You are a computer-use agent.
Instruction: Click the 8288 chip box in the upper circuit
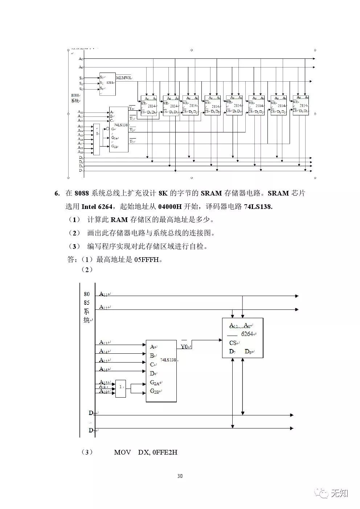107,83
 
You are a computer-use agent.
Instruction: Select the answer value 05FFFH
147,259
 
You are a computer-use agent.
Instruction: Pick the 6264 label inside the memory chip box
247,334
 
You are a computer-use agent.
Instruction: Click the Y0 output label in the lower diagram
184,347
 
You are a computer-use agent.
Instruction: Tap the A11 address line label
103,294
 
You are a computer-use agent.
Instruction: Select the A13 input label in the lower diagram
103,342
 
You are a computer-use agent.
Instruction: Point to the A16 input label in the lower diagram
103,369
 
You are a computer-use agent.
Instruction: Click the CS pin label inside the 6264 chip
233,343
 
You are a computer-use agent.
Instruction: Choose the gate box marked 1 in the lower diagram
121,388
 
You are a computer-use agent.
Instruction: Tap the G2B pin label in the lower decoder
154,391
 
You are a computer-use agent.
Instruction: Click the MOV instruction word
122,452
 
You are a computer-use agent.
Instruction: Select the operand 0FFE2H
165,452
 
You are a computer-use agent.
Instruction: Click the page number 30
180,476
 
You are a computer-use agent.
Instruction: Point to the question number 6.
57,193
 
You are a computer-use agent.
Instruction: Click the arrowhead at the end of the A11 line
296,296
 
